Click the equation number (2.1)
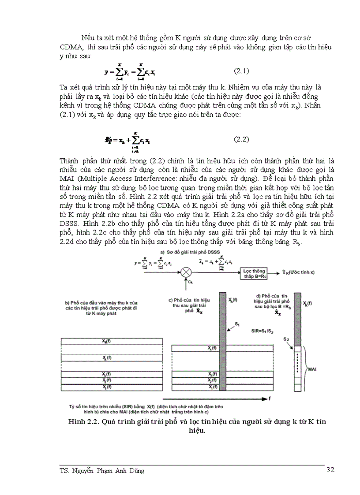coord(241,71)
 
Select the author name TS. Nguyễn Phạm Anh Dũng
coord(102,470)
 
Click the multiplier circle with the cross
coord(185,270)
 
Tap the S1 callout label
coord(238,324)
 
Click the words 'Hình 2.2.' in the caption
coord(83,422)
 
